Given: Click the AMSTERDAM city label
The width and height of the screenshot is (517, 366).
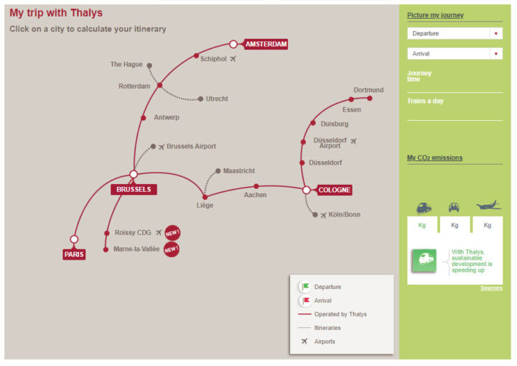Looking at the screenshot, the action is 266,45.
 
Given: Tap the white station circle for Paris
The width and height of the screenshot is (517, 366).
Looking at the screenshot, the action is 74,239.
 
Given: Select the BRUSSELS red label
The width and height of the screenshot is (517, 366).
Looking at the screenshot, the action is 134,189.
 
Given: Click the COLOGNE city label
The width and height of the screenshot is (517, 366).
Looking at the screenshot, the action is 335,190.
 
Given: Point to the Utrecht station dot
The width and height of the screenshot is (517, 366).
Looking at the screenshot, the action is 200,99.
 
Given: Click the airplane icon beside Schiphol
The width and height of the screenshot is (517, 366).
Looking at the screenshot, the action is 233,59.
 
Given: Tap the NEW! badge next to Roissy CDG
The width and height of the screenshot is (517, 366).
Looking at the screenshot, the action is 172,233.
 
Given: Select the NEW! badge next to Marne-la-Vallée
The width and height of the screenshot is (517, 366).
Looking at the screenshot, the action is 172,249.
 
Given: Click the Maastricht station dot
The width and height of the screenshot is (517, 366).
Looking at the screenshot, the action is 218,171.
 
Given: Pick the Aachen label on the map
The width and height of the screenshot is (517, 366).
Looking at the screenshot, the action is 255,195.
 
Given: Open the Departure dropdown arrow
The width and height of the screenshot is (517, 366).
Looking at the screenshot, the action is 496,33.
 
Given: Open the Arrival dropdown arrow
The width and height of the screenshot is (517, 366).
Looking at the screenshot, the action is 496,53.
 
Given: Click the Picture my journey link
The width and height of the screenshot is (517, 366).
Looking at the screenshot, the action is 435,15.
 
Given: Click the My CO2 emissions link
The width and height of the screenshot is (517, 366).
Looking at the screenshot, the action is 434,158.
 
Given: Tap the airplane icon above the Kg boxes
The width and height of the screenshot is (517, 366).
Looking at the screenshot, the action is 489,206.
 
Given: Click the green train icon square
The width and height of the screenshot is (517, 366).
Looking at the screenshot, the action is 424,260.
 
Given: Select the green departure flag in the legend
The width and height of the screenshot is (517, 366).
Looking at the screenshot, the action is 306,286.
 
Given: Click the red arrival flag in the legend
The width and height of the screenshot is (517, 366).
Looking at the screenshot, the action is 306,301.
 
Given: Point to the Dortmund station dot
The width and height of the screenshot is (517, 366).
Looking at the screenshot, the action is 370,98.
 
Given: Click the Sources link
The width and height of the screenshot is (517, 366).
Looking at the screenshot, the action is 491,288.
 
